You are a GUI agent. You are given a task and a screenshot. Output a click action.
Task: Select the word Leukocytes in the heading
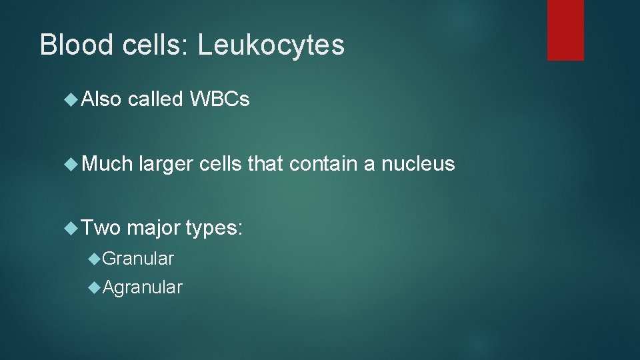[x=271, y=45]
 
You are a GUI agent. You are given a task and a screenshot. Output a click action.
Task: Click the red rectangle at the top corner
[x=565, y=30]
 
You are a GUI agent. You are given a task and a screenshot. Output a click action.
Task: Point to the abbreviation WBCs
[x=219, y=100]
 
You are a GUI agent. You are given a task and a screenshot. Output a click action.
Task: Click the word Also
[x=101, y=100]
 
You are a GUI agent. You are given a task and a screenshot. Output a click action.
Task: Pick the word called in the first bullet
[x=155, y=100]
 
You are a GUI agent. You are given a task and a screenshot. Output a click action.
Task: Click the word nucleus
[x=418, y=164]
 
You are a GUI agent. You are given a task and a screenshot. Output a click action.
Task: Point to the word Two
[x=101, y=229]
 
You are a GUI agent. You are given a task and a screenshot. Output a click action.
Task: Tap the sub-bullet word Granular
[x=138, y=259]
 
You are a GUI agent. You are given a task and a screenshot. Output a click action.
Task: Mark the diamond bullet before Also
[x=71, y=100]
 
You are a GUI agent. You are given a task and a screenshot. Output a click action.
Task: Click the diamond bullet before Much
[x=71, y=164]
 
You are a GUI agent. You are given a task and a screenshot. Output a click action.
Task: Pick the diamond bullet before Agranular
[x=95, y=287]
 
